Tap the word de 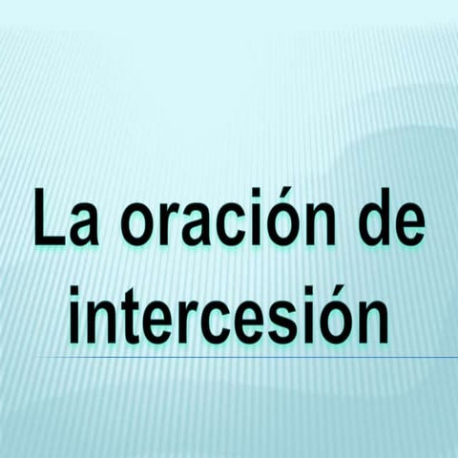pyautogui.click(x=386, y=220)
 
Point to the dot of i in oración pyautogui.click(x=245, y=192)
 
